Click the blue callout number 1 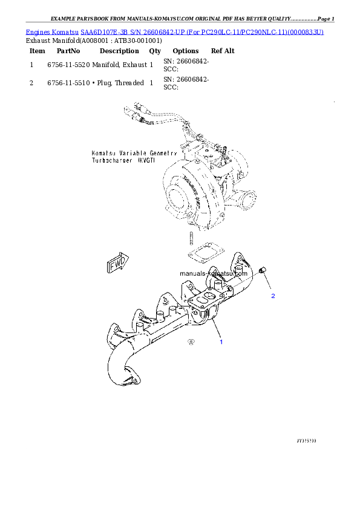point(221,342)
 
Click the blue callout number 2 point(273,296)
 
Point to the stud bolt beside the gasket point(190,237)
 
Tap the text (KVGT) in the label point(146,162)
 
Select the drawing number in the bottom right point(307,440)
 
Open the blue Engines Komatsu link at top point(175,31)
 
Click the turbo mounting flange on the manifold point(202,300)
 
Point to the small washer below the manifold point(191,342)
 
